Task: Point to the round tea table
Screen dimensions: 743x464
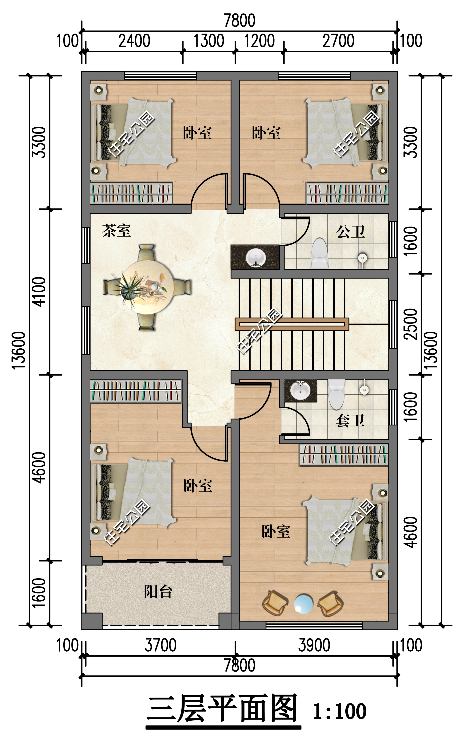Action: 147,287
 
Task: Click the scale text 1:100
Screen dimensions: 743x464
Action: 340,711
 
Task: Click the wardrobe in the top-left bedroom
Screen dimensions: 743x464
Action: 131,193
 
